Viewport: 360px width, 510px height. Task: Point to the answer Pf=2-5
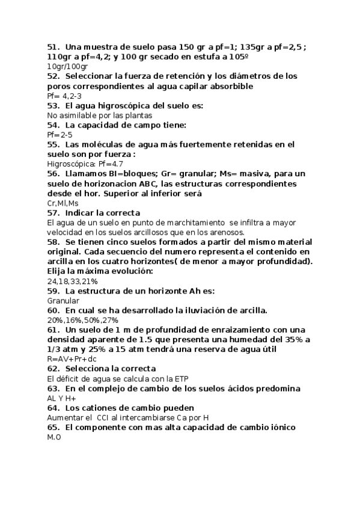[x=59, y=135]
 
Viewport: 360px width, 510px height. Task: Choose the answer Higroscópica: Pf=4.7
[x=85, y=164]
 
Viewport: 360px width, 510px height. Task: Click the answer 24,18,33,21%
[x=72, y=281]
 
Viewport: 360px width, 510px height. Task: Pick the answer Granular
[x=63, y=301]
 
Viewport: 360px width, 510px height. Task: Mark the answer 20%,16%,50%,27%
[x=84, y=320]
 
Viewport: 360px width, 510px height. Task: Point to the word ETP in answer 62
[x=181, y=378]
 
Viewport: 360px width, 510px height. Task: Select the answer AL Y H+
[x=61, y=398]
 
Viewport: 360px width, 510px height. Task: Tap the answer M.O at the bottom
[x=54, y=437]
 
